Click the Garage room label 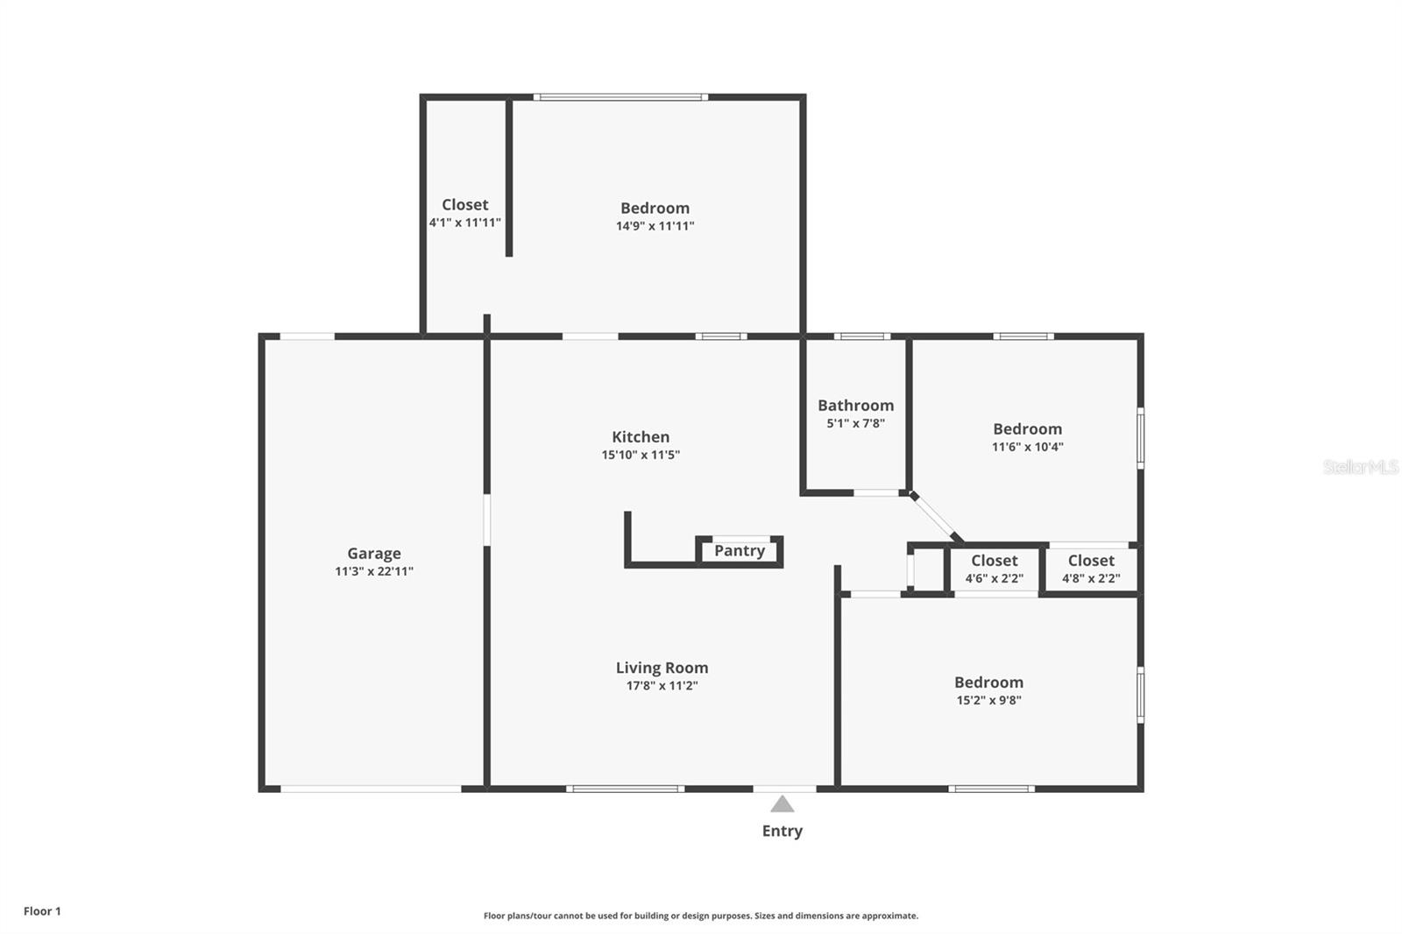[x=373, y=553]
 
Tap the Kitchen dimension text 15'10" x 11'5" [x=641, y=455]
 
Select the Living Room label [x=662, y=668]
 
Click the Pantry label [x=739, y=550]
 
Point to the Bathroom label [x=855, y=405]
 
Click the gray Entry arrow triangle [x=782, y=804]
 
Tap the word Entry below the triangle [x=782, y=831]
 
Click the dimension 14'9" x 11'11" [x=655, y=226]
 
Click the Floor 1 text [x=42, y=911]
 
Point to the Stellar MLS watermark [x=1360, y=467]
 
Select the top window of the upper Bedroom [x=620, y=97]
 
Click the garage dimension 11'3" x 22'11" [x=373, y=571]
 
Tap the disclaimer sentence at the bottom [x=700, y=916]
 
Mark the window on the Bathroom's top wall [x=861, y=336]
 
